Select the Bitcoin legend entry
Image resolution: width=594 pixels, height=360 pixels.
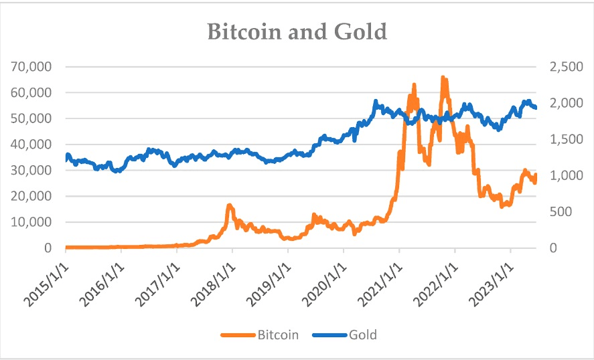[276, 334]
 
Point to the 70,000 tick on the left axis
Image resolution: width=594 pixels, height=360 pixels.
[31, 67]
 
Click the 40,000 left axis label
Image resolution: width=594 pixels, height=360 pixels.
[31, 145]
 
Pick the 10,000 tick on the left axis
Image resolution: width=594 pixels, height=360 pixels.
[31, 222]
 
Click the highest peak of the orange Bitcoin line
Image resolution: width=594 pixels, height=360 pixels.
[442, 78]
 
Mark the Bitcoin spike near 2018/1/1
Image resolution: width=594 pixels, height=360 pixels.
[230, 205]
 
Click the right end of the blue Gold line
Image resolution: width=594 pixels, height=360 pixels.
[536, 107]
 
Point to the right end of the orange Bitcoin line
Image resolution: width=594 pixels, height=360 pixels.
[536, 175]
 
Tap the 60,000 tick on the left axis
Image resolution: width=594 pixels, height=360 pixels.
[31, 93]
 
